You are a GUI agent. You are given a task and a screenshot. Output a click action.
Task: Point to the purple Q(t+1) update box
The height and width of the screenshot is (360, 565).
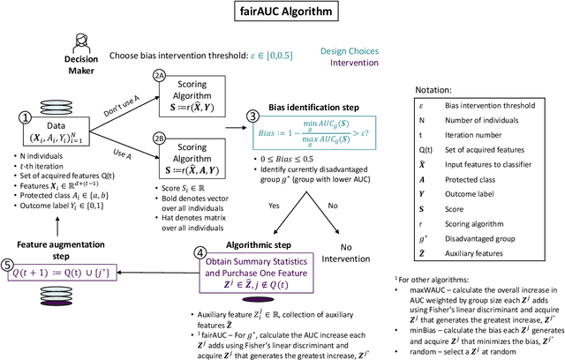tap(67, 286)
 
